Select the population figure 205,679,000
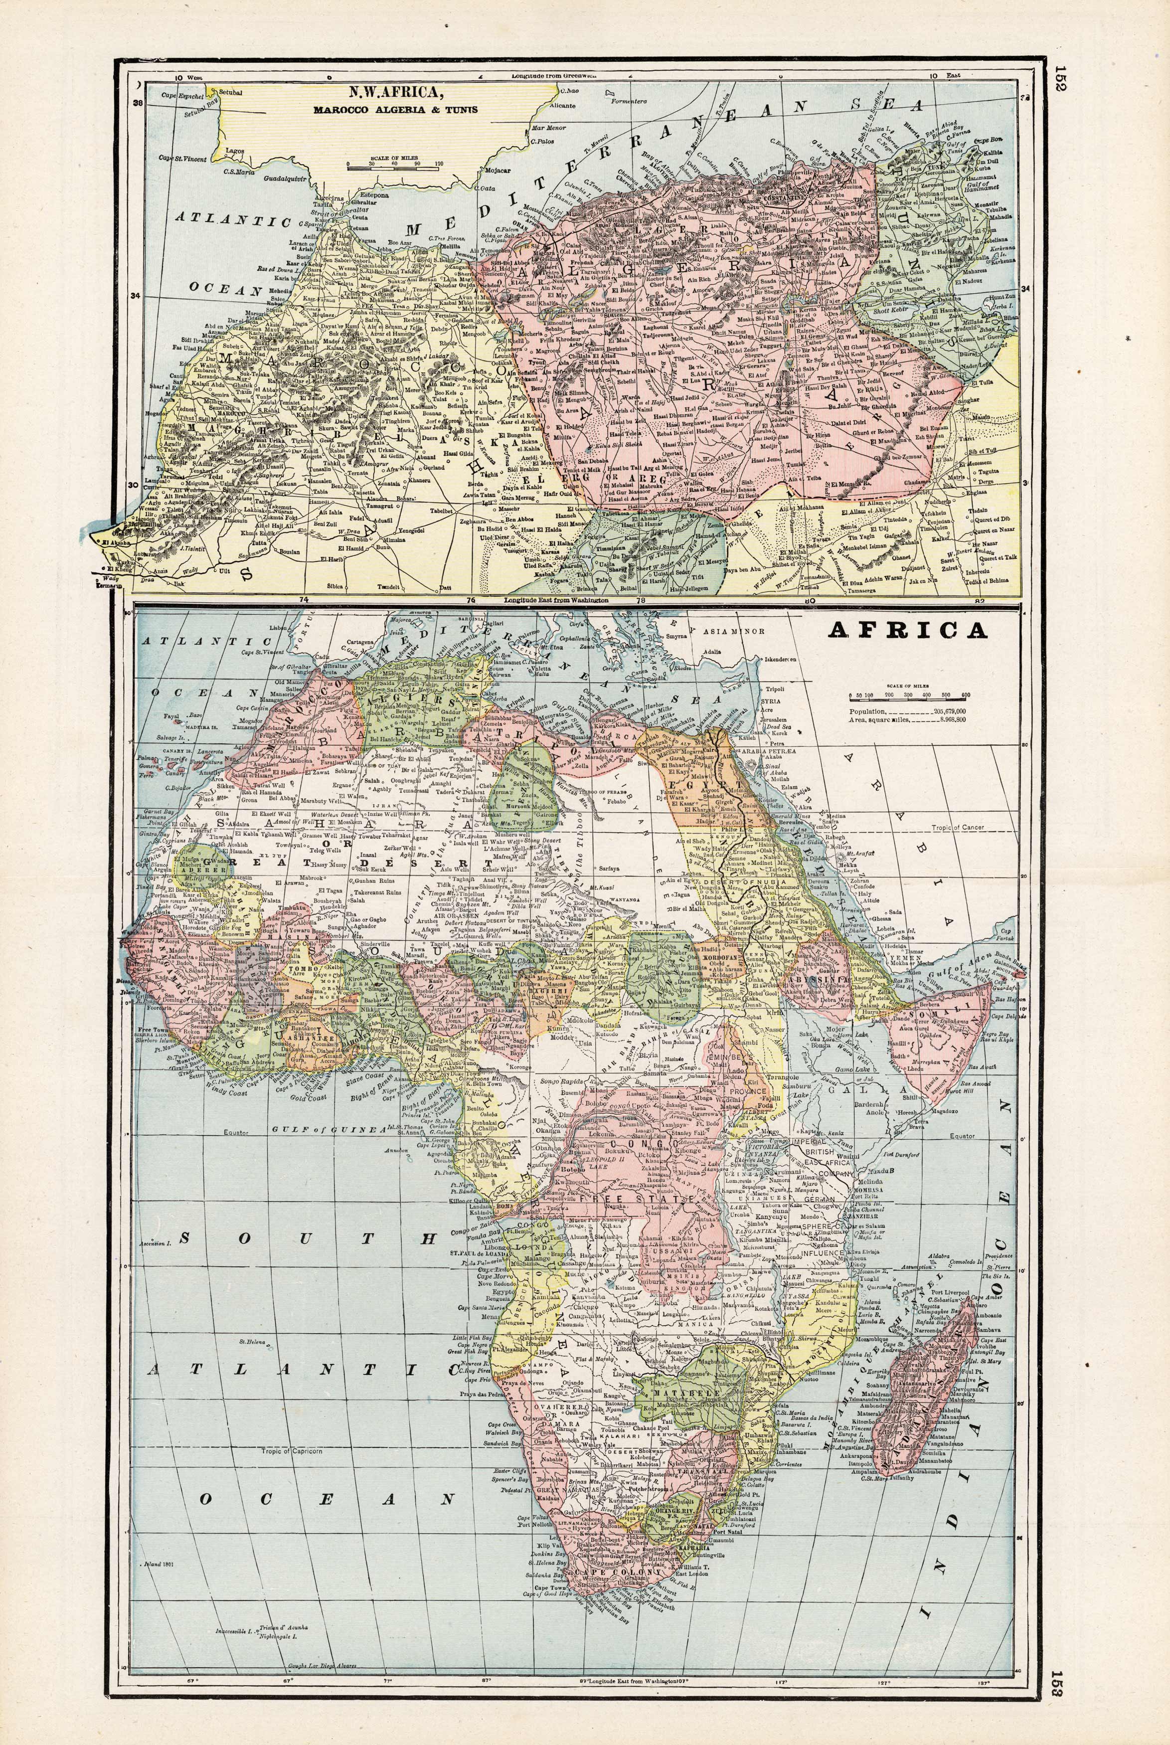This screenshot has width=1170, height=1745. click(949, 712)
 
